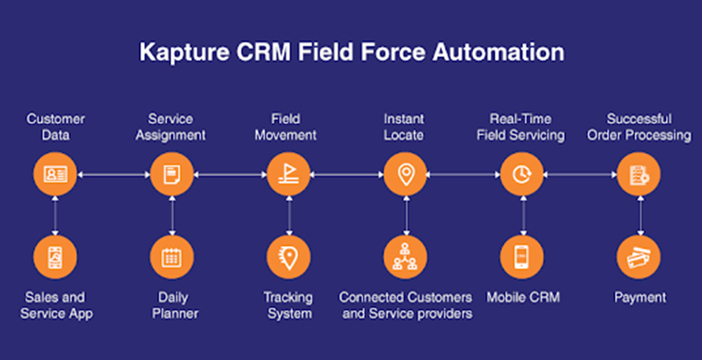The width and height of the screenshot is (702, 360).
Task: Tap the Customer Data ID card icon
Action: point(55,174)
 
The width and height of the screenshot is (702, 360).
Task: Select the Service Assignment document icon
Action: point(172,174)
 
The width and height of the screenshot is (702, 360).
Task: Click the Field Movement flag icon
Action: point(289,174)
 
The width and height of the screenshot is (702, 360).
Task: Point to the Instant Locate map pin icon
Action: point(405,175)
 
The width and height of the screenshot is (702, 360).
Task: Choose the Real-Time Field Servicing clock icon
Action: point(521,174)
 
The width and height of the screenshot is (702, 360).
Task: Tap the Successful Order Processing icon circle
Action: point(639,174)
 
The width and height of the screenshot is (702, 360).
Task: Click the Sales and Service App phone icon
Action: point(55,257)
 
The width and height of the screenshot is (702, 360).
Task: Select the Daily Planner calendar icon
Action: point(172,257)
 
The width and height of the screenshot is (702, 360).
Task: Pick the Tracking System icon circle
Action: point(289,257)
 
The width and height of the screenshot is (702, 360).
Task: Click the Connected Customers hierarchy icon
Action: point(405,256)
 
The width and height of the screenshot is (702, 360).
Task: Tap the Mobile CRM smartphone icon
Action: point(521,257)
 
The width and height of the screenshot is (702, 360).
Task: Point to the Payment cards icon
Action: point(639,257)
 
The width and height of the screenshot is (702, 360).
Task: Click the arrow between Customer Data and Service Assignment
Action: point(114,175)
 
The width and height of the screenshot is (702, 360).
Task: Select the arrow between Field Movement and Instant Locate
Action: point(347,175)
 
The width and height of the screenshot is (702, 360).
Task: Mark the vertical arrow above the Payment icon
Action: point(641,216)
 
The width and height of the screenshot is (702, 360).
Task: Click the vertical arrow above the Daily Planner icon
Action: point(172,216)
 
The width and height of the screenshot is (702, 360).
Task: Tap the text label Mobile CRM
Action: point(523,298)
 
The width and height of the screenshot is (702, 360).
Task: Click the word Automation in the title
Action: point(498,53)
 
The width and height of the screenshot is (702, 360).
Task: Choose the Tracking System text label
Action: point(289,306)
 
